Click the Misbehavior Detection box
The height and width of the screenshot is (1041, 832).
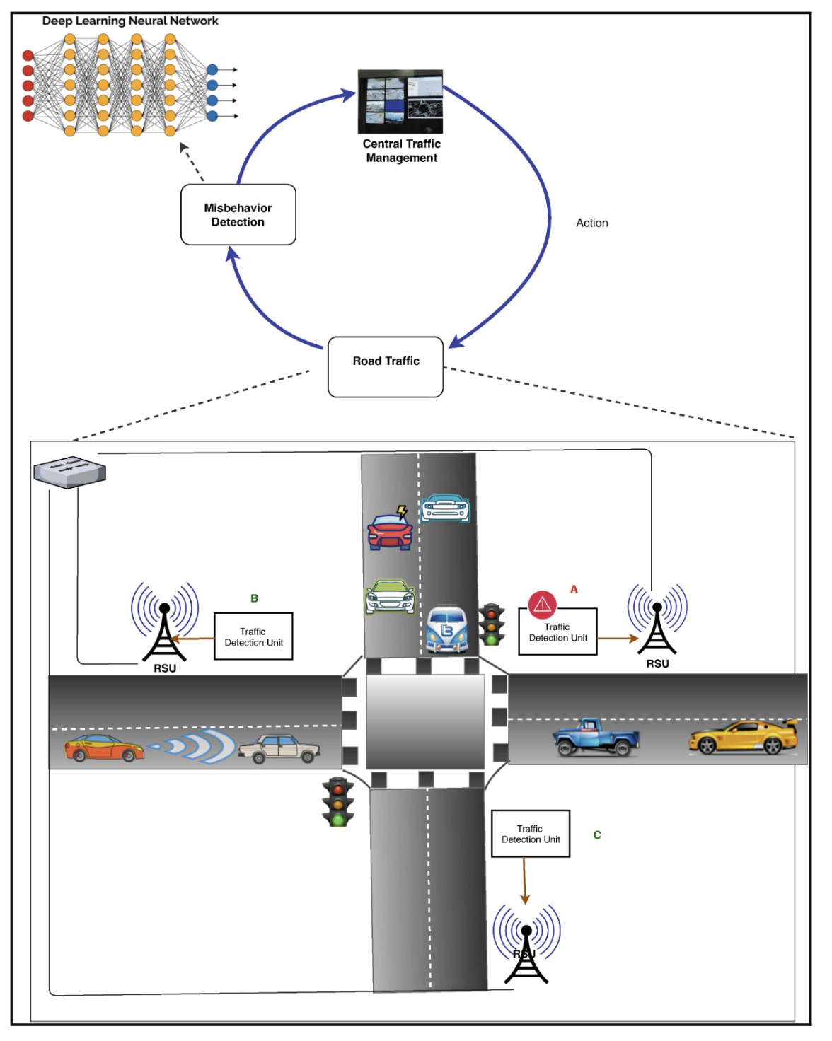point(238,215)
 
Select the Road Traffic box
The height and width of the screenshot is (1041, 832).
point(386,366)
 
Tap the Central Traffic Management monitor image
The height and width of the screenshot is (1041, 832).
point(400,101)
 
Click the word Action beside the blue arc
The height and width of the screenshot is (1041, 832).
point(591,223)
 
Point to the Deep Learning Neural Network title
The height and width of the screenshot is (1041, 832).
point(130,21)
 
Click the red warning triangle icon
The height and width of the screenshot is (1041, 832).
point(543,604)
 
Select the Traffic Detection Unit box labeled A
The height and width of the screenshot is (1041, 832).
point(557,632)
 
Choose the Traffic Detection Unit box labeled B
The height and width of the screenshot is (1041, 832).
point(253,636)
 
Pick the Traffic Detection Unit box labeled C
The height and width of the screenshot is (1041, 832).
point(531,834)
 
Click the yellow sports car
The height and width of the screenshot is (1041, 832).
point(743,738)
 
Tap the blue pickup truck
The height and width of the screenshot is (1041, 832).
point(596,738)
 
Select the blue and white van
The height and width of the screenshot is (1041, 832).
point(446,629)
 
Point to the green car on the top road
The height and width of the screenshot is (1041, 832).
point(390,597)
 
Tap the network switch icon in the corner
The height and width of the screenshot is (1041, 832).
point(69,472)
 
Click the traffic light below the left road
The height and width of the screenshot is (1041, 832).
point(338,801)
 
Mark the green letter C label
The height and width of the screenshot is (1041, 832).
point(597,835)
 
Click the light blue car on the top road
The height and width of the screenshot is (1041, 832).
point(445,508)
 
